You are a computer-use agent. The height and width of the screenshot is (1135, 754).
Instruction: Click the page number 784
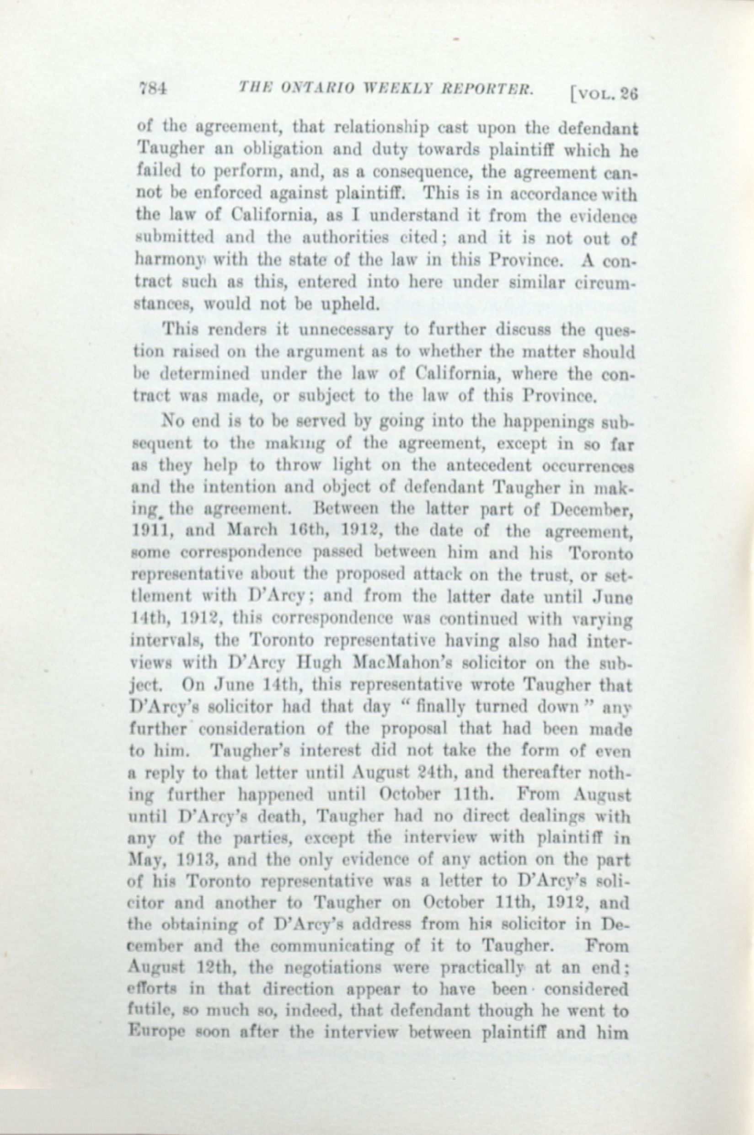(x=152, y=89)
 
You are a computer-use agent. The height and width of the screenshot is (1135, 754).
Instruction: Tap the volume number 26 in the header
(x=628, y=95)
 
